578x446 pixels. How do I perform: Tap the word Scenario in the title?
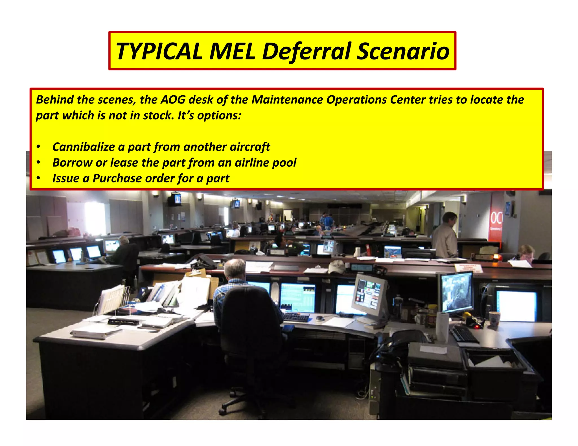[403, 51]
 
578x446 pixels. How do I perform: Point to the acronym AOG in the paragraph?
[173, 100]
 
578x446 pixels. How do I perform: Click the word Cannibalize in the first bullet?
[83, 147]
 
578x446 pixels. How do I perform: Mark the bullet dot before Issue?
[38, 178]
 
